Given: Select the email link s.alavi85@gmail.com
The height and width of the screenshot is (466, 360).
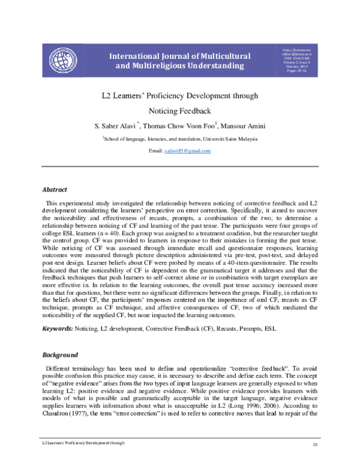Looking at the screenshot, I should (x=187, y=151).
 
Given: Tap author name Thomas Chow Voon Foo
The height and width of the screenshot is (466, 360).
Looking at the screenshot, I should (x=187, y=125).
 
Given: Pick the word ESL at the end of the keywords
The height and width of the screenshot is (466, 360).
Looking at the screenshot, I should (x=271, y=329).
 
